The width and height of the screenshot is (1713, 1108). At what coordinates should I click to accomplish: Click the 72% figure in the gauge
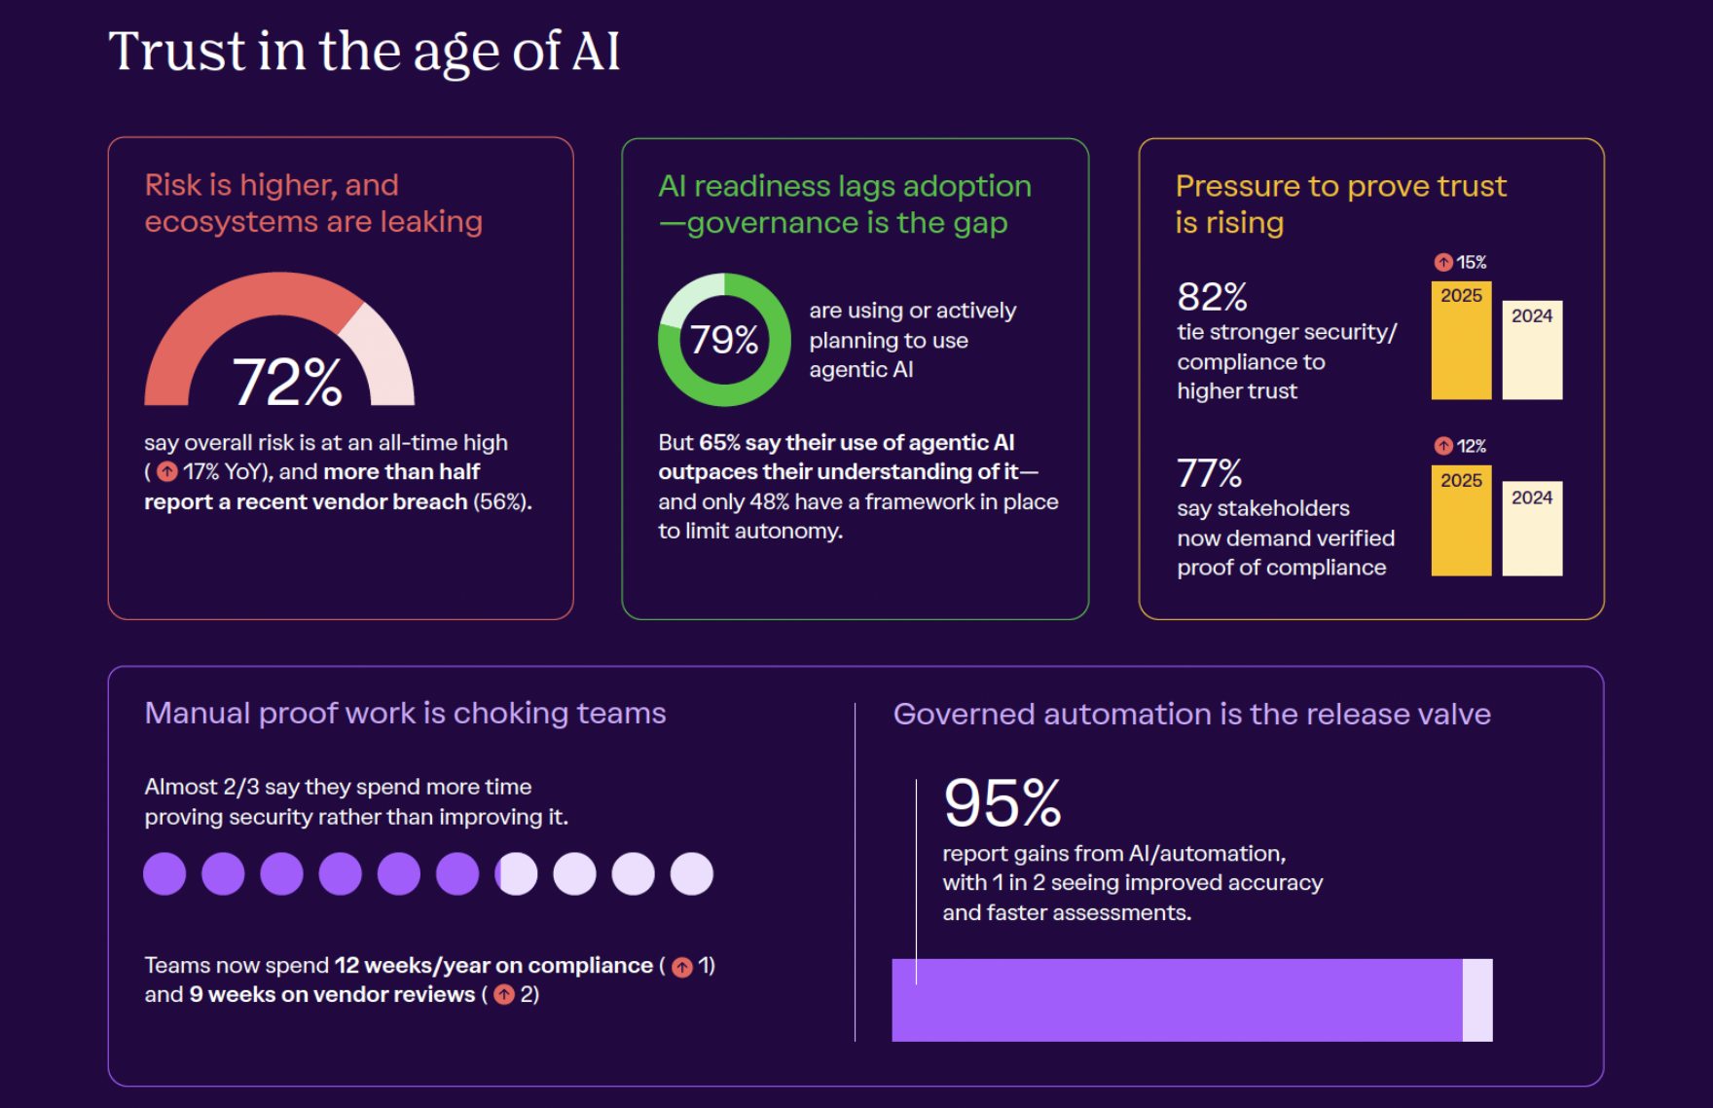287,381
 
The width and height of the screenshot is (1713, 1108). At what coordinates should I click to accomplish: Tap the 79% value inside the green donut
724,340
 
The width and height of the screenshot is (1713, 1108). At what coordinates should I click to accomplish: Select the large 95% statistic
1002,803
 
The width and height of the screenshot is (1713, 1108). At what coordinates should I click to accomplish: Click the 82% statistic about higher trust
1212,297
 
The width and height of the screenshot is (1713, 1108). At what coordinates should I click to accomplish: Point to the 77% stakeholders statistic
1209,474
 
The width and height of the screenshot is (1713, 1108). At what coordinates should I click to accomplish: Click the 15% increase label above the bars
1462,262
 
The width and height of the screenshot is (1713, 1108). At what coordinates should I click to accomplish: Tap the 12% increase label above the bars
1462,446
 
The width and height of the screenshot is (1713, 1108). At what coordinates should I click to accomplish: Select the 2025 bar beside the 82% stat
1461,341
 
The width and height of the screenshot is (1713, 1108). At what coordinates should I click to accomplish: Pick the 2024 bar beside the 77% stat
1532,529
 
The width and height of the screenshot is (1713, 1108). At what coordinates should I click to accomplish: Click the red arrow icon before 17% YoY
167,472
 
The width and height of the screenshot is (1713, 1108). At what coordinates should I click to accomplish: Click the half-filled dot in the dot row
516,874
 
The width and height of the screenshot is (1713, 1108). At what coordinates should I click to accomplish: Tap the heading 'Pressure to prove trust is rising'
1340,203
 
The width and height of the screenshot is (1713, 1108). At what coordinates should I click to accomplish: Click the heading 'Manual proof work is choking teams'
405,714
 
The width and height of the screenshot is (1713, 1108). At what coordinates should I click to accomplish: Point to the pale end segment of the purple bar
1477,1000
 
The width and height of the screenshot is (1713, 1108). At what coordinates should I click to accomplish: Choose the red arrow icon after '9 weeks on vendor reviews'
504,995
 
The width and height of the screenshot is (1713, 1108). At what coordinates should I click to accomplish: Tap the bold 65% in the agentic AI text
719,443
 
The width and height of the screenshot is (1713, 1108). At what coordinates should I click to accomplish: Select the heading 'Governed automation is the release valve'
1191,715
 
